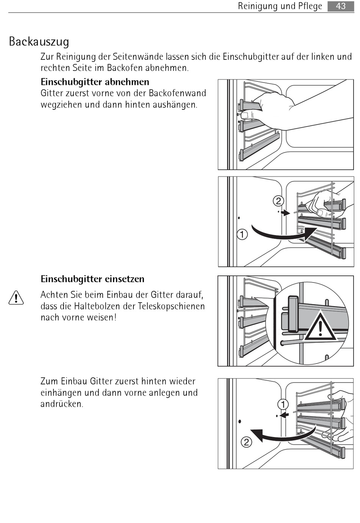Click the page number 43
[341, 6]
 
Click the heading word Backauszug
[39, 41]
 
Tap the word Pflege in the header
[310, 6]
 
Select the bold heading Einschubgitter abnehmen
[95, 82]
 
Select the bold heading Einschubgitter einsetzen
[92, 279]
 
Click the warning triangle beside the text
[16, 298]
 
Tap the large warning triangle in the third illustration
[321, 326]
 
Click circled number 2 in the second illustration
[279, 201]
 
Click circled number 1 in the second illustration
[242, 234]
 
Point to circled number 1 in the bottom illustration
[283, 404]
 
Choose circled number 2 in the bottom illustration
[246, 442]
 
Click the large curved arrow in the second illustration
[282, 235]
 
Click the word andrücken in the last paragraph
[62, 404]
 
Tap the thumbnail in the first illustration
[245, 115]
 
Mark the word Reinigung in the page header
[261, 6]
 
